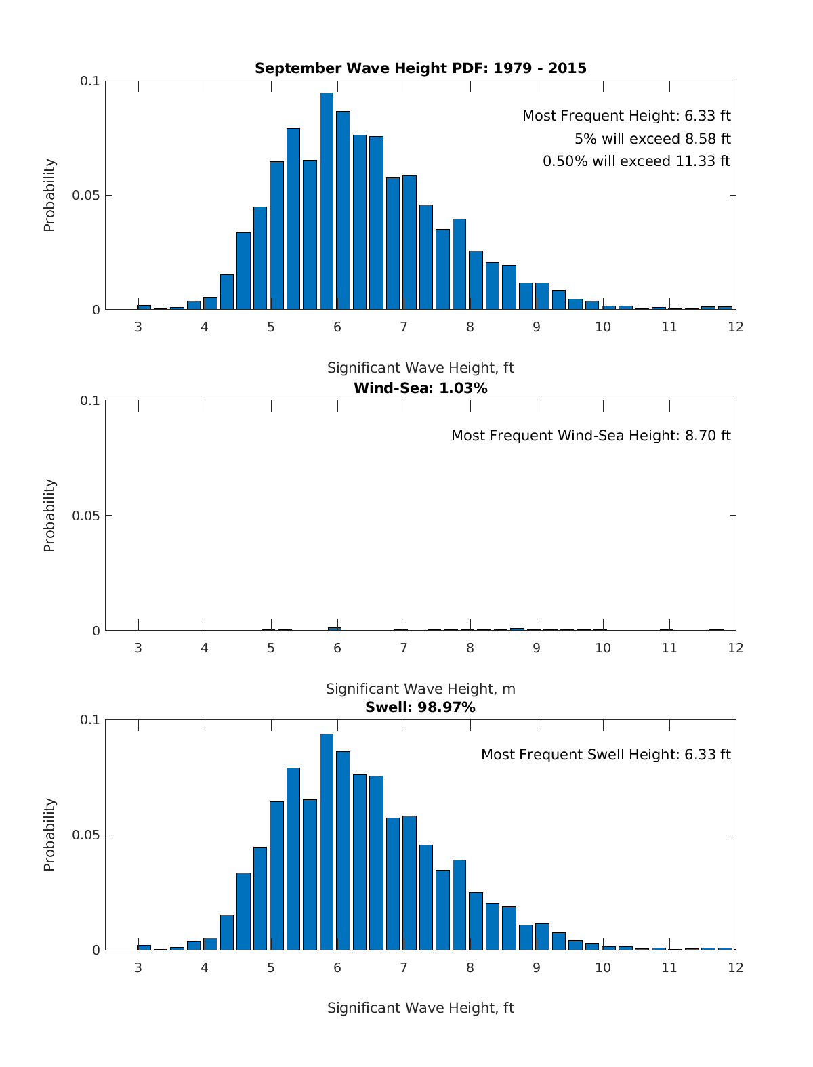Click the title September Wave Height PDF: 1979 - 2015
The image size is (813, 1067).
[420, 68]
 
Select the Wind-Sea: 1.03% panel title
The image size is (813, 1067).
[420, 388]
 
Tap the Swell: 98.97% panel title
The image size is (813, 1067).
[420, 707]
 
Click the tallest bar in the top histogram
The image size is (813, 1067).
[327, 203]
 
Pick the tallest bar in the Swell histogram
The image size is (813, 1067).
[327, 843]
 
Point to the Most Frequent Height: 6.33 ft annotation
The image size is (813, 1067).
[626, 116]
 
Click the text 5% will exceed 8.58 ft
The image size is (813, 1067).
[652, 139]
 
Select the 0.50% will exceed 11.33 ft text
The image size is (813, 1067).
[636, 161]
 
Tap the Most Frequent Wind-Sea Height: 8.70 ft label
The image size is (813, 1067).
[591, 436]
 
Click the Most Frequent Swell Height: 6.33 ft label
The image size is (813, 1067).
[606, 755]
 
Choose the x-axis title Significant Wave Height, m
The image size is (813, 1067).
[420, 689]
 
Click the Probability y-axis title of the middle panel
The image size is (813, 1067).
[49, 516]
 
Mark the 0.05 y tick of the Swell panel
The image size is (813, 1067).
[86, 835]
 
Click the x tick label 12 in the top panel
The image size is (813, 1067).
[735, 327]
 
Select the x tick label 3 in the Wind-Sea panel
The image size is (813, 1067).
[138, 648]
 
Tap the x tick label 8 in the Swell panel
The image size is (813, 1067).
[470, 967]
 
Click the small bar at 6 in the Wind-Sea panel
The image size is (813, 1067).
[335, 629]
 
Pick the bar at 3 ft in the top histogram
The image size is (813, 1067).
[144, 307]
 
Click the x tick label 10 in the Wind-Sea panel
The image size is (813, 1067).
[602, 648]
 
